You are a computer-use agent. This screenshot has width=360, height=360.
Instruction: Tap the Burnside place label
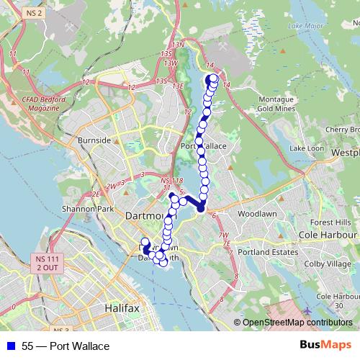tap(96, 139)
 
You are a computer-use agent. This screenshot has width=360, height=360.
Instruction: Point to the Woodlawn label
tap(253, 215)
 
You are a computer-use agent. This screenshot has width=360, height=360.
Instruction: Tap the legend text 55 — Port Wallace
tap(66, 346)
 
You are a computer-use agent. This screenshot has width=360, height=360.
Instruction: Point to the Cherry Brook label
tap(342, 130)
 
